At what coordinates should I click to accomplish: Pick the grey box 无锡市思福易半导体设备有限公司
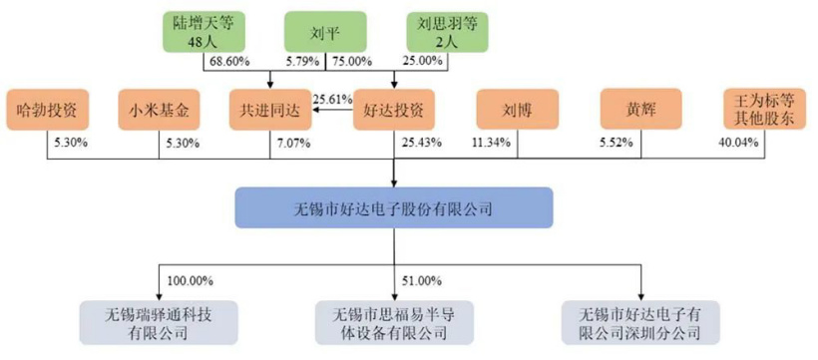(393, 322)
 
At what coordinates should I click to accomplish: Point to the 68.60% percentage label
(229, 62)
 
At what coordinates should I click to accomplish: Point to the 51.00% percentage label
(422, 280)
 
